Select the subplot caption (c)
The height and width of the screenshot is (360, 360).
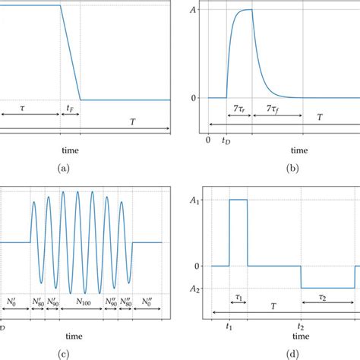point(62,352)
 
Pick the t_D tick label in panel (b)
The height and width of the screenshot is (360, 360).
point(227,141)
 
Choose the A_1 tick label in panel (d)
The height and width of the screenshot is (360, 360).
point(194,200)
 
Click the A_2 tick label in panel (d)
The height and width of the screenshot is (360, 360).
point(194,288)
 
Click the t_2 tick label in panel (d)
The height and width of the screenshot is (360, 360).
point(302,328)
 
